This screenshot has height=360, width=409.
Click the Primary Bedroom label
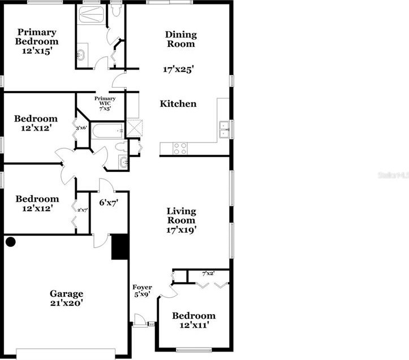coord(37,41)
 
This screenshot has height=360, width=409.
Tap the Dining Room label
coord(180,39)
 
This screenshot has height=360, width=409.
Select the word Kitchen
coord(178,103)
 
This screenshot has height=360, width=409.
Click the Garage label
coord(67,298)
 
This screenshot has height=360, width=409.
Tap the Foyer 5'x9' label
coord(142,290)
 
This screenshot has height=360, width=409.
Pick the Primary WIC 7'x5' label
coord(105,103)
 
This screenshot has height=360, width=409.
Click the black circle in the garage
coord(10,242)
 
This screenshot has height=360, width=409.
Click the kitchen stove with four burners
coord(180,149)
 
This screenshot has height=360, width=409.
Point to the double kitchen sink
coord(225,129)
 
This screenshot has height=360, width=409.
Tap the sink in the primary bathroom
coord(81,55)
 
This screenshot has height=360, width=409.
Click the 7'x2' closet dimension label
coord(209,274)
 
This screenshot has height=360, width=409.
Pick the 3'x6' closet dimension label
coord(80,128)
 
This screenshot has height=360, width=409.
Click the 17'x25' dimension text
coord(179,70)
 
